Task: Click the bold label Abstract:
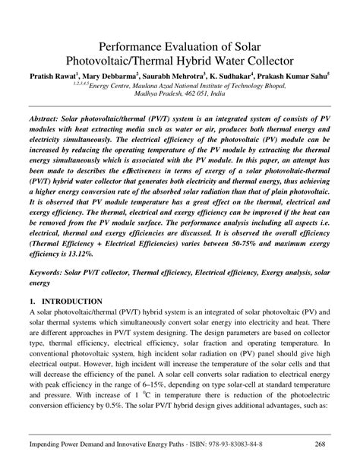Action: click(46, 122)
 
